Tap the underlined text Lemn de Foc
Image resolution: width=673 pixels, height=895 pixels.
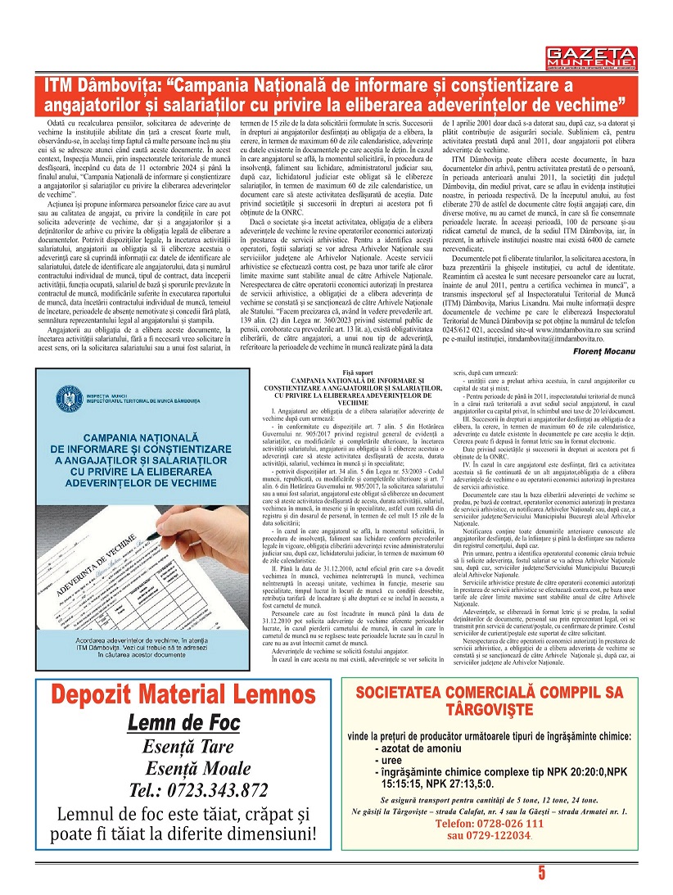click(183, 723)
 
